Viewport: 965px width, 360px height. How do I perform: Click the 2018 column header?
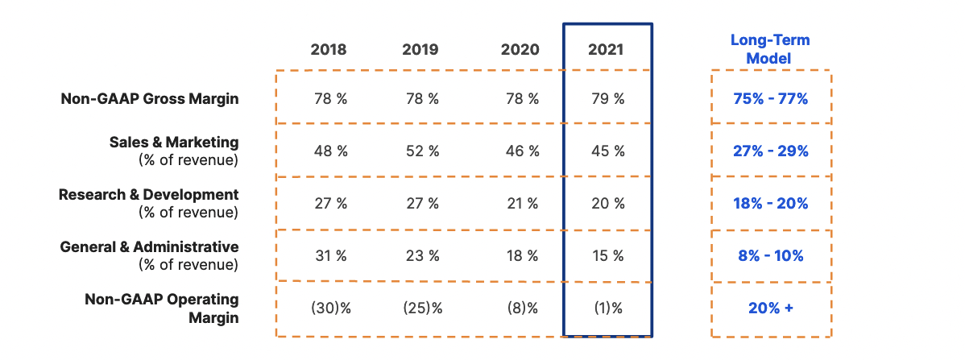[329, 50]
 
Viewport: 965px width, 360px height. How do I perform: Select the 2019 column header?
[420, 50]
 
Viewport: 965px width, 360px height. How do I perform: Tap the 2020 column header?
[520, 50]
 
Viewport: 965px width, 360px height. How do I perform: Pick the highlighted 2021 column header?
[606, 50]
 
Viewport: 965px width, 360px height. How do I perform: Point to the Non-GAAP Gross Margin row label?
[150, 99]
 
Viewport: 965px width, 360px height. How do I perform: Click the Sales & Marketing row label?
[174, 143]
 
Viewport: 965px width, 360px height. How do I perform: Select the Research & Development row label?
[149, 195]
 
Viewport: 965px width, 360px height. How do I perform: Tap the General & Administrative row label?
[150, 247]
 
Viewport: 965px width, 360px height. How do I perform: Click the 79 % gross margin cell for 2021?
[607, 99]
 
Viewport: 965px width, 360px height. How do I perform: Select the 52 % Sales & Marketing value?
[422, 151]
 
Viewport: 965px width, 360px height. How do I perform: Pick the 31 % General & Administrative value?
[330, 256]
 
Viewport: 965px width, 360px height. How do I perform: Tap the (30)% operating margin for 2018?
[330, 308]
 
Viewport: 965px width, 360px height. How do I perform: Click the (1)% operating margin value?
[607, 308]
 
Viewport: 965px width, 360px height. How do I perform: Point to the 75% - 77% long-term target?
[771, 99]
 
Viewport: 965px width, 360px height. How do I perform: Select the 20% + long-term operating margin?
[771, 308]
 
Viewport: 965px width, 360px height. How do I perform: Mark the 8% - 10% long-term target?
[771, 256]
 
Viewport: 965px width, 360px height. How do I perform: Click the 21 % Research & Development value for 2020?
[521, 204]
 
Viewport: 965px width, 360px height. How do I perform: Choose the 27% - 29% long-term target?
[771, 151]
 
